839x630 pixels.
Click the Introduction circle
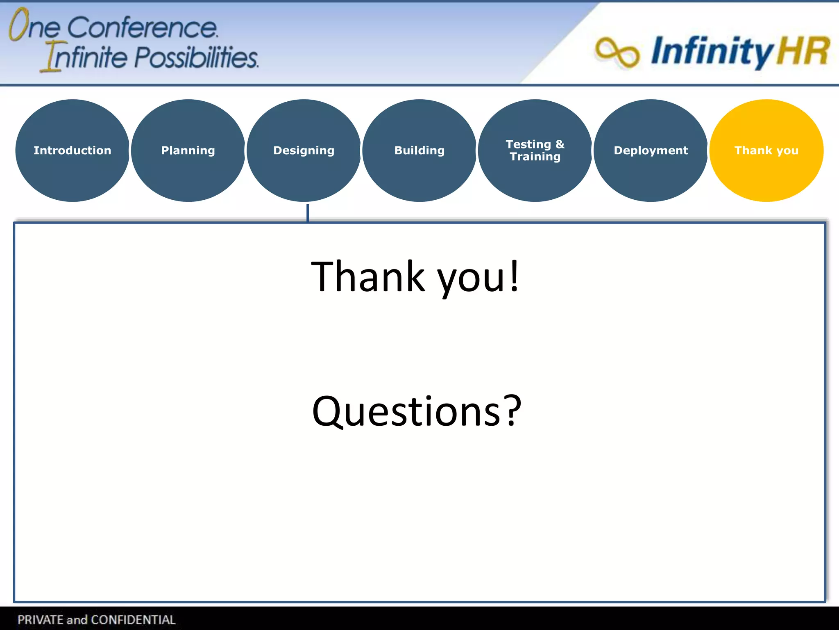point(73,151)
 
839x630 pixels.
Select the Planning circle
point(188,151)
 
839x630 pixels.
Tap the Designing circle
point(304,151)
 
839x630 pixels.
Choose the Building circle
point(419,151)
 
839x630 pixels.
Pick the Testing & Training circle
point(535,151)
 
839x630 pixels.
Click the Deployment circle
point(651,151)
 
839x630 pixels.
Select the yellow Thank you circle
point(766,151)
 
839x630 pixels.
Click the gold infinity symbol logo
point(617,52)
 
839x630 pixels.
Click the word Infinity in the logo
point(711,51)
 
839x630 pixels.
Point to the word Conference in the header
point(142,28)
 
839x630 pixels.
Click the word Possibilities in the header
point(196,57)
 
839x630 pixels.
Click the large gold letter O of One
point(18,25)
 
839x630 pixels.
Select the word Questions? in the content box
point(416,411)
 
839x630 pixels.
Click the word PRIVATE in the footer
point(41,619)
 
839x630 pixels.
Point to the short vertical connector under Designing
point(307,212)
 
